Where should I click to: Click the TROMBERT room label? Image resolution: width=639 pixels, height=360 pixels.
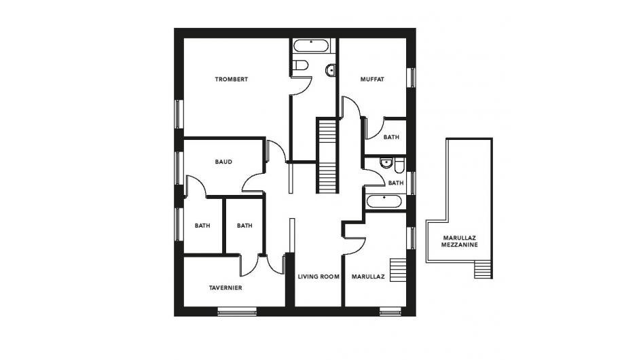tap(231, 79)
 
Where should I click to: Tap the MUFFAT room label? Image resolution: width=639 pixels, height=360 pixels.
tap(372, 79)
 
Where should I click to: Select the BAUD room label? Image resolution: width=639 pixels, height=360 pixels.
tap(223, 162)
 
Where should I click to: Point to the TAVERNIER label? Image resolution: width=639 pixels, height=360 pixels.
tap(225, 288)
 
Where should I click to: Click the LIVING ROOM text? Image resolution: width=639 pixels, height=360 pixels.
tap(318, 276)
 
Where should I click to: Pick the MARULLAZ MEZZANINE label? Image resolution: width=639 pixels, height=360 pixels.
tap(460, 241)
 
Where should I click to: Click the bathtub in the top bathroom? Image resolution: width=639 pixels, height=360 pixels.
tap(311, 46)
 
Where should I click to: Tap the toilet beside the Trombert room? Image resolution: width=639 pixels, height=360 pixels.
tap(301, 65)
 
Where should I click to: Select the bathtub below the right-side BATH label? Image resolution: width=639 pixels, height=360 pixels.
tap(384, 202)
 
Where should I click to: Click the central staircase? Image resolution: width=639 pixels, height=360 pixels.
tap(327, 156)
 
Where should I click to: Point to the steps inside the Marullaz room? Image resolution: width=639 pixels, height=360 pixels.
tap(398, 270)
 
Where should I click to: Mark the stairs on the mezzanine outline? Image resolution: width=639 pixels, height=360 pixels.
tap(483, 270)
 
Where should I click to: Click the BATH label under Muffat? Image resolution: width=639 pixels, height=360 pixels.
tap(391, 137)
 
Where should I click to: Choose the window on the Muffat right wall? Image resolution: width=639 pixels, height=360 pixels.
tap(412, 77)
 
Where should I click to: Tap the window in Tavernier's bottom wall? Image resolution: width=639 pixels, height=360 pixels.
tap(237, 312)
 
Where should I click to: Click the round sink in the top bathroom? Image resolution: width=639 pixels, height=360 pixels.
tap(331, 71)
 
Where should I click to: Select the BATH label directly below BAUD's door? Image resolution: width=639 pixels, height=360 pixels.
tap(202, 226)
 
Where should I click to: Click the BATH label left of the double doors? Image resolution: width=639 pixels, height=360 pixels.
tap(244, 226)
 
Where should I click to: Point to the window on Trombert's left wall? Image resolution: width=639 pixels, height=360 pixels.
tap(178, 114)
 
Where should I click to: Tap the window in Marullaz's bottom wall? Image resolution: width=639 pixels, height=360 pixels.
tap(390, 312)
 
